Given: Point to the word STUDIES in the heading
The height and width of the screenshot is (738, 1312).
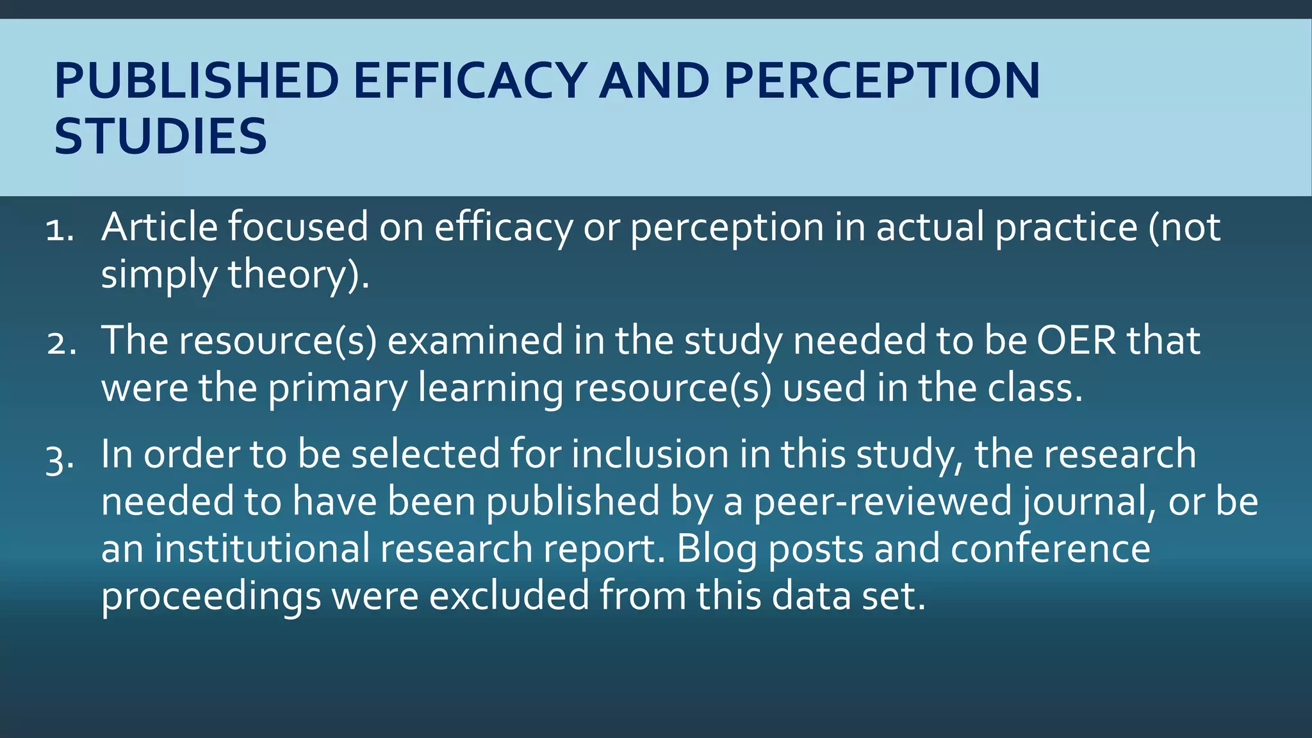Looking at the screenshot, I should tap(160, 136).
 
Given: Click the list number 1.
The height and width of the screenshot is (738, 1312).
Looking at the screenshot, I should tap(60, 229).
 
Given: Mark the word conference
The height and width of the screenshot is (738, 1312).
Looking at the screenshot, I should tap(1051, 549).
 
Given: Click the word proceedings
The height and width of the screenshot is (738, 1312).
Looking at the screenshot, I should tap(211, 596).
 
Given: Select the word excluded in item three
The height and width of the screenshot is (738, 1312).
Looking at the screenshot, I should tap(509, 596).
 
